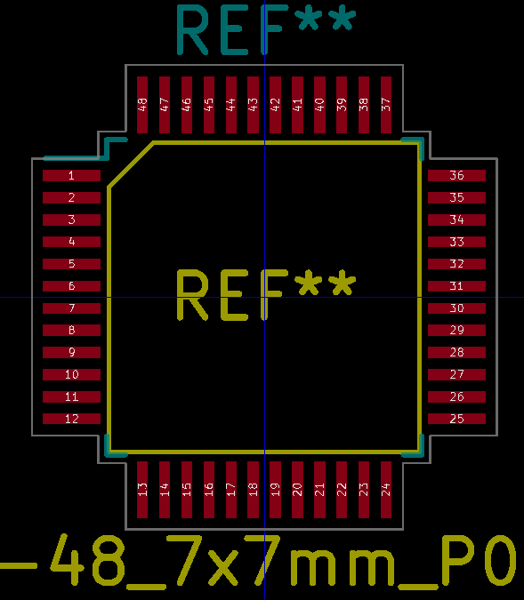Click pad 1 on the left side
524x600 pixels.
coord(72,176)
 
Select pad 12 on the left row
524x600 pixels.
coord(72,419)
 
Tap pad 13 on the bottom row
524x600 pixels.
coord(142,489)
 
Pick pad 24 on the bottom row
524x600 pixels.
coord(385,489)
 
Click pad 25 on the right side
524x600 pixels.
coord(456,419)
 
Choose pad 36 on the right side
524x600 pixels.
coord(456,176)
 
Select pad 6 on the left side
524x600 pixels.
coord(72,286)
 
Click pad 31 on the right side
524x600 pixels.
coord(456,286)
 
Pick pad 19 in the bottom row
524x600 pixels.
coord(275,489)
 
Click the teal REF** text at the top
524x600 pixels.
coord(266,30)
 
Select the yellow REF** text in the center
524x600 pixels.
coord(265,295)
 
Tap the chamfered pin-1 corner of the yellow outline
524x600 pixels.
coord(130,164)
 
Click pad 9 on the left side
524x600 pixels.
coord(72,353)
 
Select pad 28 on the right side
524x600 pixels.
coord(456,353)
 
